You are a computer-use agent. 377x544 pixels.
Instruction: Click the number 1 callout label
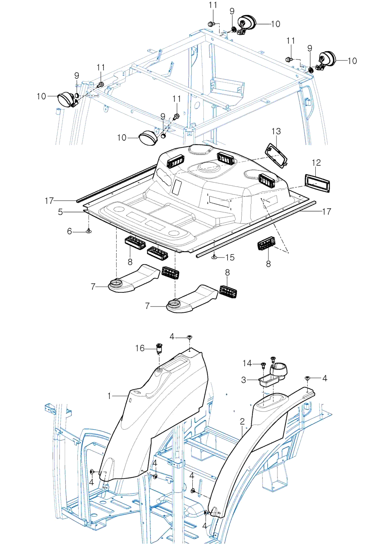109,396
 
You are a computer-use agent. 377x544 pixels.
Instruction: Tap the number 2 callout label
243,422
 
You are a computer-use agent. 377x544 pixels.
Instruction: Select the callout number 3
244,380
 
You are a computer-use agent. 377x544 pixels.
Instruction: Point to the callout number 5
61,211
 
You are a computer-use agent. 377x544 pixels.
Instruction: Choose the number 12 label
316,163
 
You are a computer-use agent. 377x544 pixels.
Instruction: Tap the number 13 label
276,131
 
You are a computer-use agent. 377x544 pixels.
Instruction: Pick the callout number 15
230,257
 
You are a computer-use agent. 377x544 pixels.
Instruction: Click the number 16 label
140,348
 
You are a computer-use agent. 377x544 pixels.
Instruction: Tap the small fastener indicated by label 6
89,231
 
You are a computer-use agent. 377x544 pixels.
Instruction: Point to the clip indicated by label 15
214,257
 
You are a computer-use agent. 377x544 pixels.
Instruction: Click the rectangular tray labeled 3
266,380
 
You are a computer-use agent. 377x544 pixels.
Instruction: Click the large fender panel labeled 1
157,421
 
